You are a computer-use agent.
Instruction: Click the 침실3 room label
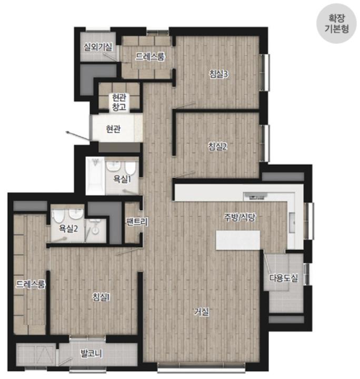click(218, 74)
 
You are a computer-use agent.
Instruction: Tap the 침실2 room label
click(218, 146)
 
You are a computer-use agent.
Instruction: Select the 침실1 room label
click(101, 297)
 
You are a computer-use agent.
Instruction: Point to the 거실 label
click(202, 312)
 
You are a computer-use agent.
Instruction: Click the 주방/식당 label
click(239, 217)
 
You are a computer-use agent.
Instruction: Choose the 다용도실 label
click(284, 278)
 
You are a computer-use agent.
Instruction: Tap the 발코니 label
click(92, 354)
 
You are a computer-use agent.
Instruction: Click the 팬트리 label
click(137, 222)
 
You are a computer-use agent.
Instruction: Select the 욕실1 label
click(122, 179)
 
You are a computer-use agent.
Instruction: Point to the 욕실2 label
click(68, 228)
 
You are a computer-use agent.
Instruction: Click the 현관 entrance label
click(113, 129)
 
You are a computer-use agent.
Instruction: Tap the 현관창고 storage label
click(119, 102)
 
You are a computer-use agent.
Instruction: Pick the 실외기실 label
click(98, 47)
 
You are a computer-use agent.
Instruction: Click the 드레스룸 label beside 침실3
click(150, 56)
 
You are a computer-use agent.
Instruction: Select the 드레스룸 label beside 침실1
click(31, 284)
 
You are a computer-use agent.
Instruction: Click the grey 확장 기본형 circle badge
click(336, 24)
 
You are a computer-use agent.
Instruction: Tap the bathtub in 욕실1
click(95, 176)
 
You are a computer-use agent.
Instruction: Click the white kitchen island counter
click(238, 240)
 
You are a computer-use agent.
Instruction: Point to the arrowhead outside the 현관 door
click(68, 132)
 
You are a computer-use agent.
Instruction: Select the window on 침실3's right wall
click(265, 73)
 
